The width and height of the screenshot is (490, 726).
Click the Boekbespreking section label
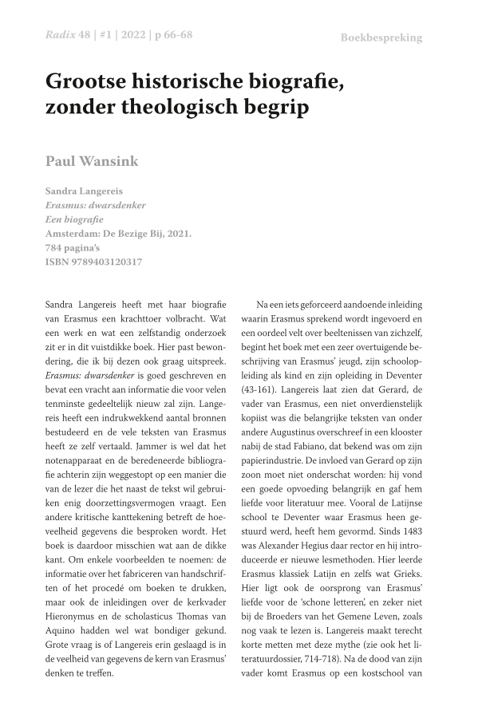point(381,37)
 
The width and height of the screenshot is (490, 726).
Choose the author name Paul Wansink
point(92,162)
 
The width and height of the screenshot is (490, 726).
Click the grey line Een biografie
point(74,219)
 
